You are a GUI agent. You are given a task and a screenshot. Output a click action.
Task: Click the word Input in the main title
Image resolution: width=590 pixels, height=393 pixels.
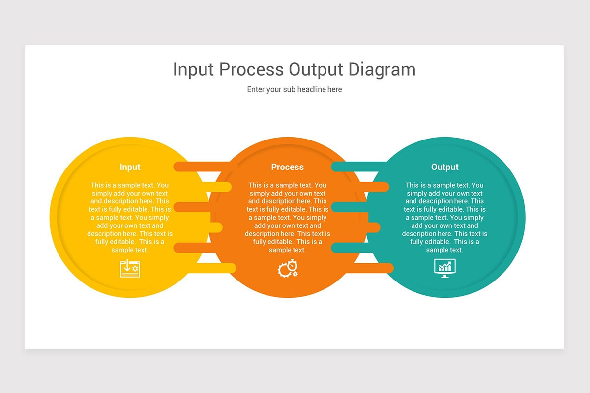coord(193,69)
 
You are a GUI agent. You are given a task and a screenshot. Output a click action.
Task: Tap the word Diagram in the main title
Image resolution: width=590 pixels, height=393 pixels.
coord(382,69)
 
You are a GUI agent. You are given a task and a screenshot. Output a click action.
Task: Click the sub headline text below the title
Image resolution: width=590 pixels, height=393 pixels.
coord(294,89)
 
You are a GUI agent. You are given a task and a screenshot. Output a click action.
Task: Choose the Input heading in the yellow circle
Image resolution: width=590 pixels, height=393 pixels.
coord(130,167)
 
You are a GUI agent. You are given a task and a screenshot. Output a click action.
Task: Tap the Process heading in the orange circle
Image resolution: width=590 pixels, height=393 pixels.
coord(287,167)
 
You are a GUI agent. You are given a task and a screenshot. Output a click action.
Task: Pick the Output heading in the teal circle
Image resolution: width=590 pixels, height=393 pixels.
coord(444,167)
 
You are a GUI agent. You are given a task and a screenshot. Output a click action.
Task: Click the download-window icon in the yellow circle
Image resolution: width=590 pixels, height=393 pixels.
coord(130,269)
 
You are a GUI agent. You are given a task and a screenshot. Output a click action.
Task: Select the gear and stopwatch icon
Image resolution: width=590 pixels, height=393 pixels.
coord(288,268)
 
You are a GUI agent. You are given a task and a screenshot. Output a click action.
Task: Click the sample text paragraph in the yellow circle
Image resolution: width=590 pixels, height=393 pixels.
coord(130,217)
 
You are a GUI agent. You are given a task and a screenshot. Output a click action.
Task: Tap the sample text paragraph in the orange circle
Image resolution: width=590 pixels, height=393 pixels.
coord(287,217)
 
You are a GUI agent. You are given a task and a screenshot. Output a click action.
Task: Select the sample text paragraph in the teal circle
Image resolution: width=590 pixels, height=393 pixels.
coord(444,217)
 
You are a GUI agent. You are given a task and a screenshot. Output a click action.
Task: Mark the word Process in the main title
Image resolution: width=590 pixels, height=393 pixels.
coord(251,69)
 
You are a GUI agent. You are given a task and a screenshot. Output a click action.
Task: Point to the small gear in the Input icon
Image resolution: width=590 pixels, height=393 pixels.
coord(135,269)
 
